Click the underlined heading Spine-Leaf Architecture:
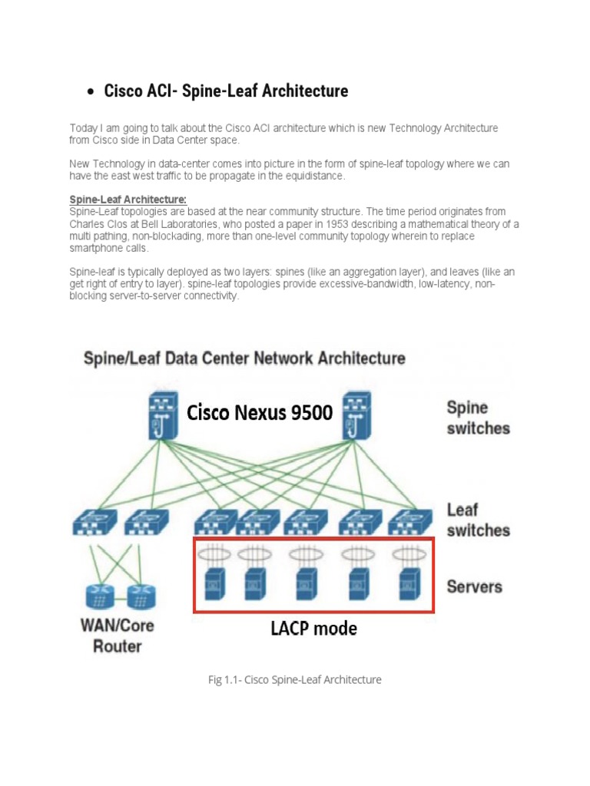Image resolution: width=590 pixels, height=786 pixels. tap(128, 200)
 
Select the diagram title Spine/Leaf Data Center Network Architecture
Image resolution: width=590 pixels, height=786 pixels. tap(244, 358)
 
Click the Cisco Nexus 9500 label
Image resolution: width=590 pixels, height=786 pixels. tap(260, 413)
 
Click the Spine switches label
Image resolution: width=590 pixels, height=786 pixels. tap(478, 418)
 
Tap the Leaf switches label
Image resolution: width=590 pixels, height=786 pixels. tap(478, 520)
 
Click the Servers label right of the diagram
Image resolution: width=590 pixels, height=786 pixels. tap(475, 587)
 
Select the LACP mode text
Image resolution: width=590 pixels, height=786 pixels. tap(313, 629)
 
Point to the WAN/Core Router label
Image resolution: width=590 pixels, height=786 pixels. tap(118, 636)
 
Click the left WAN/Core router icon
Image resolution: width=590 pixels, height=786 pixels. tap(99, 596)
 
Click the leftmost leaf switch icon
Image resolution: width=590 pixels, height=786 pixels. tap(94, 523)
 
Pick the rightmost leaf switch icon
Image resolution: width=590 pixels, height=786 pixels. tap(405, 523)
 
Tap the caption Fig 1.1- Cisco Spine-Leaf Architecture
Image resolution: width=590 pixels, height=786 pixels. tap(295, 679)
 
